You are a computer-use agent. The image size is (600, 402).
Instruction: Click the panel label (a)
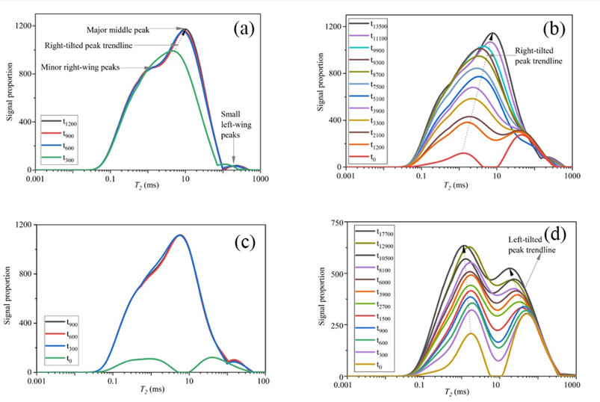pos(244,29)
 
